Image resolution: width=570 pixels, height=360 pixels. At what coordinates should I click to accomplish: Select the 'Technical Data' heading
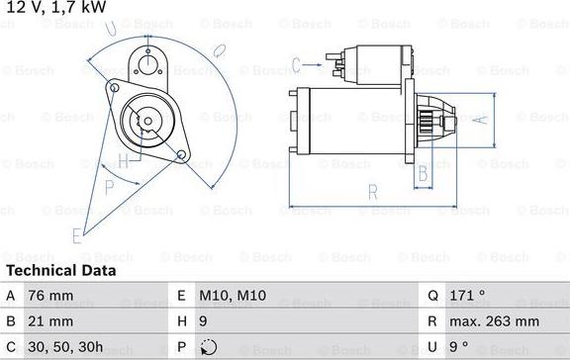tap(60, 270)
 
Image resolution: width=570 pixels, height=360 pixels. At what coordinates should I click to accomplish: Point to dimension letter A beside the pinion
tap(479, 120)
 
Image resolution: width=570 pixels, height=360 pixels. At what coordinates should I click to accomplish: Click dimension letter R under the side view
tap(372, 191)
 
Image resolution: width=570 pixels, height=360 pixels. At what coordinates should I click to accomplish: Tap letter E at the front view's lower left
tap(76, 234)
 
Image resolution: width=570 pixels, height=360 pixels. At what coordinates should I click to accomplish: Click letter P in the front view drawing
tap(110, 185)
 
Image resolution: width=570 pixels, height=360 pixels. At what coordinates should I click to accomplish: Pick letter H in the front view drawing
tap(123, 161)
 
